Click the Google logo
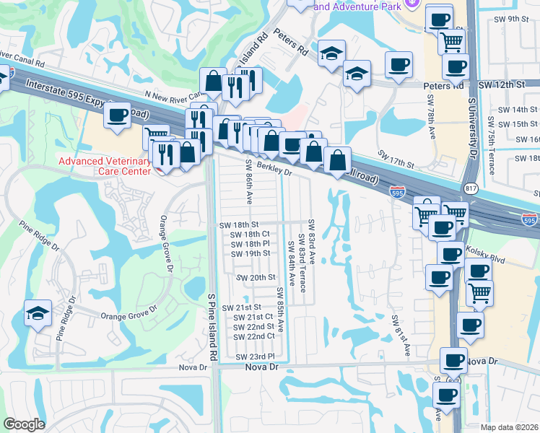point(24,424)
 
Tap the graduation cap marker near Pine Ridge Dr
point(38,312)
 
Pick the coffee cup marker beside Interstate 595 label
point(117,115)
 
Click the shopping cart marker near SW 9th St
point(451,40)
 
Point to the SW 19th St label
point(251,253)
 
